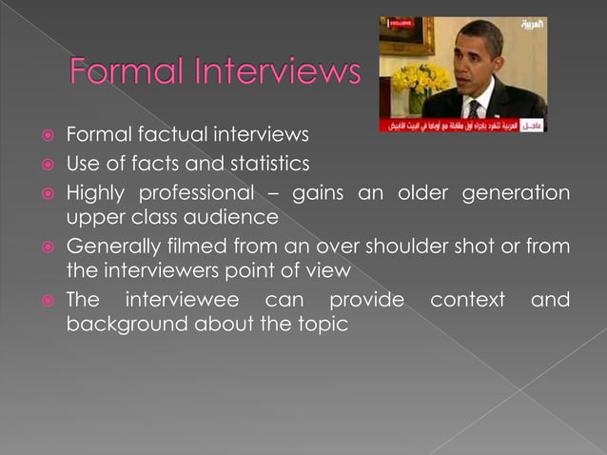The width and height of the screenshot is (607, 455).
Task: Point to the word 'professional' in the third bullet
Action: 193,193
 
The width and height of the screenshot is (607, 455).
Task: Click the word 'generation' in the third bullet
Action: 516,193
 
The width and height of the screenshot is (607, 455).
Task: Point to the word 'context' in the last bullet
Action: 467,301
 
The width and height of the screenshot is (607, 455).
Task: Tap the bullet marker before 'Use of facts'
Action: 45,164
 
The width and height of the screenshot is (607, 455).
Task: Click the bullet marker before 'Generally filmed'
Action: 45,247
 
